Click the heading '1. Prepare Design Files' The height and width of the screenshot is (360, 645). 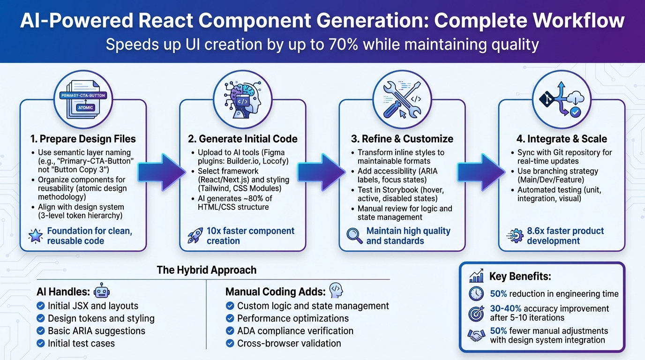tap(83, 139)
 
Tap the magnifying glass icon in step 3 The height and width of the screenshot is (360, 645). tap(354, 236)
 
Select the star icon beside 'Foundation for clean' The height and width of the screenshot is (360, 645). tap(36, 236)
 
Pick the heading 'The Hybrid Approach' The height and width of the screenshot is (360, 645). tap(206, 270)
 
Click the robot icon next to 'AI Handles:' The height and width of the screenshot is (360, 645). tap(102, 292)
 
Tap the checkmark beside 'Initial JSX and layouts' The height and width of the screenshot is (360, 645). tap(41, 306)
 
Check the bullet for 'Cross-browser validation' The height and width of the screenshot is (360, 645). tap(230, 344)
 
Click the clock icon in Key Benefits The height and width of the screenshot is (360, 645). tap(476, 294)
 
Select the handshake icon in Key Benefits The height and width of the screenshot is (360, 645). tap(476, 335)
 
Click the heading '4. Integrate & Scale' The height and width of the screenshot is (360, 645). tap(561, 139)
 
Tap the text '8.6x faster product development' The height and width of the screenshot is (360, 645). tap(565, 236)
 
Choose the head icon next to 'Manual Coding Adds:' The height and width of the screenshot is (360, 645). tap(336, 291)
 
